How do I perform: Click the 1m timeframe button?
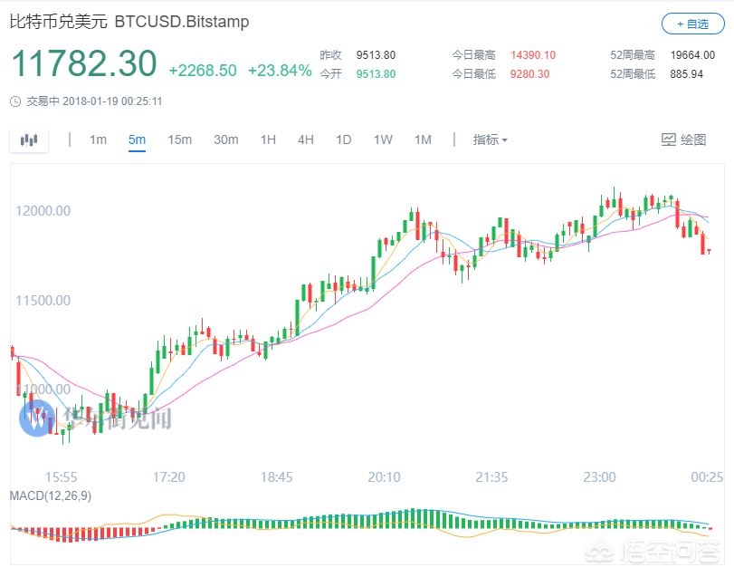pos(98,139)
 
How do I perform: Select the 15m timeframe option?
pos(179,139)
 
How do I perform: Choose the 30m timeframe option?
pos(225,139)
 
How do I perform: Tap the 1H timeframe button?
pos(268,139)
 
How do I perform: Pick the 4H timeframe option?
pos(306,139)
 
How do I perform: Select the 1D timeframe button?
pos(343,139)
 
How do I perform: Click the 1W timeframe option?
pos(383,139)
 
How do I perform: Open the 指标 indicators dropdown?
pos(490,139)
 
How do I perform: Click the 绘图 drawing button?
pos(684,139)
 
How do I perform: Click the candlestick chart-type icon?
pos(30,139)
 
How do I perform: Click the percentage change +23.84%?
pos(279,71)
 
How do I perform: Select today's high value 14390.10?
pos(532,55)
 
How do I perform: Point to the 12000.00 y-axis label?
pos(43,211)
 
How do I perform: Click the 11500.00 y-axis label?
pos(43,301)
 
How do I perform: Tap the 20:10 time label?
pos(385,476)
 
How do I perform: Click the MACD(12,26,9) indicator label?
pos(50,495)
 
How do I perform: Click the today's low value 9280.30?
pos(529,73)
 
